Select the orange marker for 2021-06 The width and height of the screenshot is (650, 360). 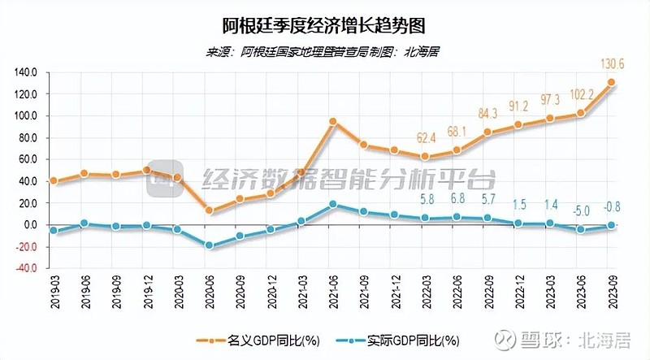(x=333, y=121)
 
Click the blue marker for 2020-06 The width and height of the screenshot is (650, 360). (x=209, y=245)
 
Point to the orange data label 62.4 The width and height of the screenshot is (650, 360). (x=426, y=136)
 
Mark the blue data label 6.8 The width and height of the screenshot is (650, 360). (x=457, y=198)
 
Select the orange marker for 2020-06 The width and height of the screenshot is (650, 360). (x=209, y=210)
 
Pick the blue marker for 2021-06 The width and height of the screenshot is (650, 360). (x=333, y=205)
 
